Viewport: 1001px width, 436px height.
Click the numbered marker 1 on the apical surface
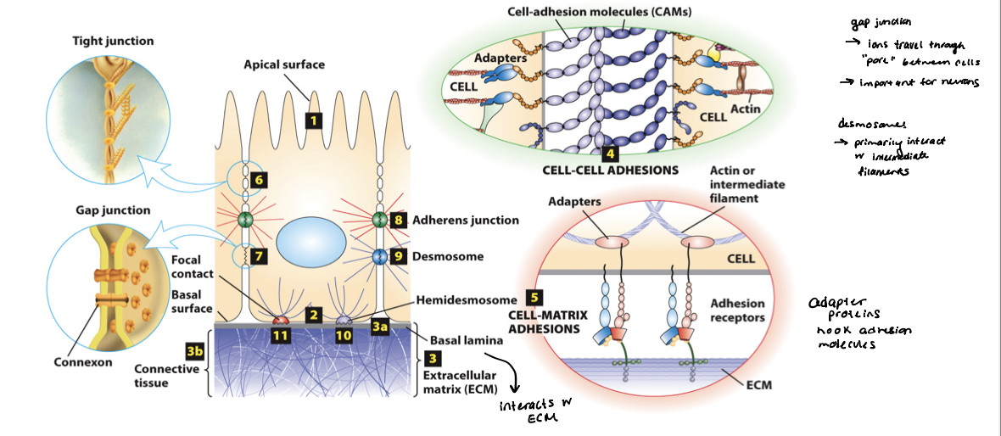(313, 120)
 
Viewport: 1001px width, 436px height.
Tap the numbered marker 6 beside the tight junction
(259, 180)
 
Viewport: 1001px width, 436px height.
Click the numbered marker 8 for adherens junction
(400, 220)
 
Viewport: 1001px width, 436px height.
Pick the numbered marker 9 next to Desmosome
(400, 255)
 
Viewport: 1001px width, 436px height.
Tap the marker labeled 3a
(380, 325)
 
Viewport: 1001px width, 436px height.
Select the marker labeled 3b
(193, 349)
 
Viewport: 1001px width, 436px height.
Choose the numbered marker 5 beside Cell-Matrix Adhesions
(534, 297)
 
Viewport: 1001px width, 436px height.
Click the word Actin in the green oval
(745, 109)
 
